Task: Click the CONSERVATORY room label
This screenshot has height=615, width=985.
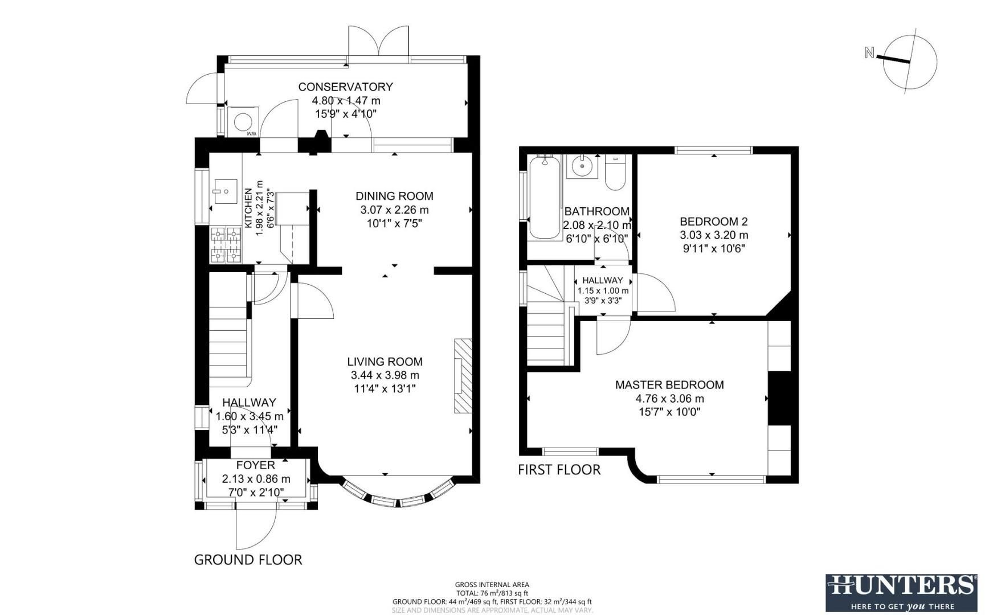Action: point(345,87)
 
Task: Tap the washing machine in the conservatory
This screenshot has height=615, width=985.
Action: point(243,121)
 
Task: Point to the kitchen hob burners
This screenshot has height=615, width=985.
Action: point(226,245)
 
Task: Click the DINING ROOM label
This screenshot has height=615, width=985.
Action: point(394,196)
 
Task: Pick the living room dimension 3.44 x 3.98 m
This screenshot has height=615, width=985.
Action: point(385,375)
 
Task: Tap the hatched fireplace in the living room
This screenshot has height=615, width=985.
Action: point(463,376)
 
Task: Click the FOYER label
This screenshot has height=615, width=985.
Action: point(256,465)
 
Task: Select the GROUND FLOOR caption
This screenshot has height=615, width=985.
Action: point(248,560)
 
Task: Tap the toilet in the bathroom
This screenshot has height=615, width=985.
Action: point(615,173)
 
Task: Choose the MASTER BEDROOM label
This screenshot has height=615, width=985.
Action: point(669,385)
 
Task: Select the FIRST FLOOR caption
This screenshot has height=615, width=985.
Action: point(559,470)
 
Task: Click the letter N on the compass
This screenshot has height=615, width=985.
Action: point(869,53)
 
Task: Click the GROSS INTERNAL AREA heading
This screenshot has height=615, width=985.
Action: point(492,584)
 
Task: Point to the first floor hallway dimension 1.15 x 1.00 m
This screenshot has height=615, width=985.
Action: point(603,290)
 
